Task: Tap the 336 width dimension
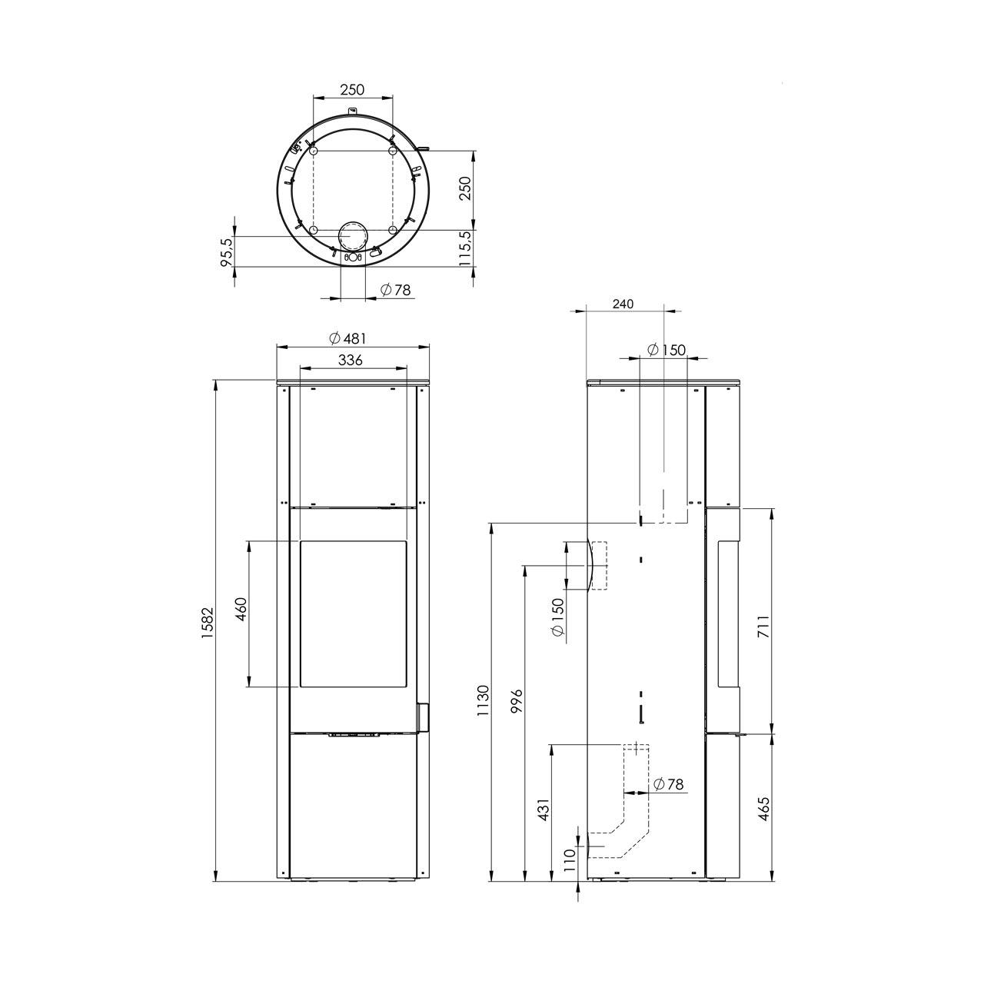pyautogui.click(x=351, y=360)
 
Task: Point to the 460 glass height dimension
pyautogui.click(x=241, y=609)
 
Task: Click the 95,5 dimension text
pyautogui.click(x=226, y=251)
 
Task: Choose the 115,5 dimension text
pyautogui.click(x=465, y=248)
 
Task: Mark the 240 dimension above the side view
pyautogui.click(x=623, y=304)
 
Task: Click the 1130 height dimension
pyautogui.click(x=483, y=700)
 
